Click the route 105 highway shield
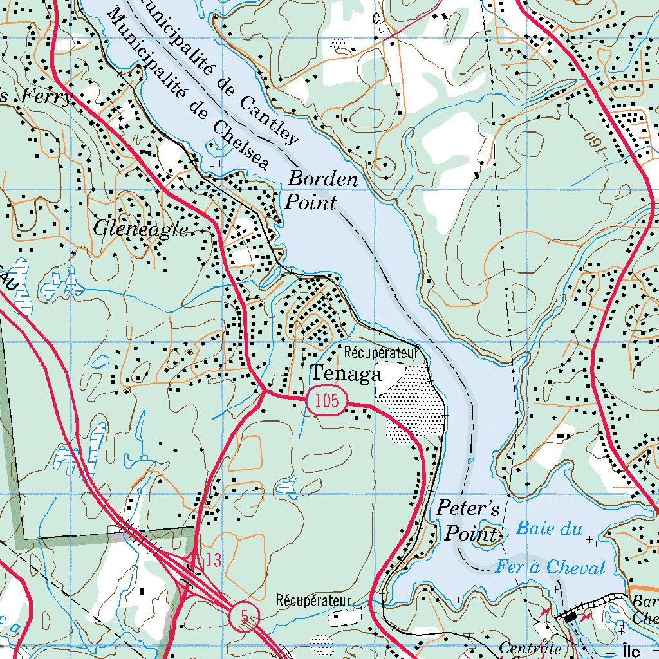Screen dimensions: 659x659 [327, 402]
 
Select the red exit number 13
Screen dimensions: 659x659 [214, 560]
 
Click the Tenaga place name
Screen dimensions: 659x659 [346, 374]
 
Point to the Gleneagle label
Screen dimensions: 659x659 [141, 228]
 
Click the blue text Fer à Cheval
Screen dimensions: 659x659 [550, 568]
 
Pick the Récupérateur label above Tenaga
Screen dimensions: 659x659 [382, 352]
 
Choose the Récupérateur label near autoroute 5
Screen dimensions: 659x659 [313, 600]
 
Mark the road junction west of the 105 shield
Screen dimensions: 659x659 [265, 391]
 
